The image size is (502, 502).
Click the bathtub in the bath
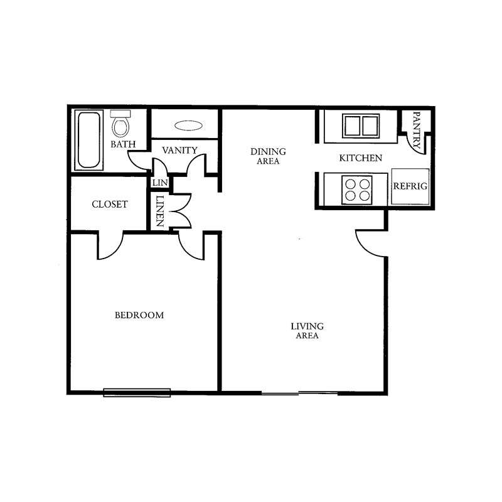click(89, 140)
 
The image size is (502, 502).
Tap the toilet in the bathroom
click(120, 123)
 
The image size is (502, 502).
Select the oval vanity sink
click(188, 125)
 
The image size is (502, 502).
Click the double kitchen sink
click(361, 126)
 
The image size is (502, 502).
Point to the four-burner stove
click(357, 190)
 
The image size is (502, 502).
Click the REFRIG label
click(410, 186)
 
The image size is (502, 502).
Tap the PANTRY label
click(417, 130)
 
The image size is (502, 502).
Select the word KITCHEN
click(360, 158)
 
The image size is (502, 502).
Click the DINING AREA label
click(268, 156)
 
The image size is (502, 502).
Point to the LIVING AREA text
click(307, 331)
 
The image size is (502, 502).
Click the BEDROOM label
click(139, 315)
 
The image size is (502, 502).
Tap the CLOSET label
click(110, 204)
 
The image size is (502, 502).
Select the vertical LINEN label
click(160, 211)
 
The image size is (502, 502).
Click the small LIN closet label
click(160, 183)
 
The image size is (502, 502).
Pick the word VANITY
click(179, 150)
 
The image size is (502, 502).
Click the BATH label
click(123, 144)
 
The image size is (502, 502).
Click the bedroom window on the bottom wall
click(137, 393)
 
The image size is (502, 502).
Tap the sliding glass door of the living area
click(299, 393)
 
